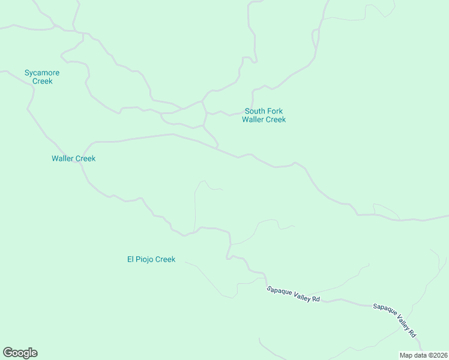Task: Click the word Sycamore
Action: [x=42, y=73]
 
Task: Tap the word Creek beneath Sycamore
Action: [x=42, y=81]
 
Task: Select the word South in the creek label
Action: [x=255, y=111]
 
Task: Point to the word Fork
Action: [x=275, y=111]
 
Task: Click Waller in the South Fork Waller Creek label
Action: [x=253, y=119]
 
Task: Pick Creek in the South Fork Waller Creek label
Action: [x=276, y=119]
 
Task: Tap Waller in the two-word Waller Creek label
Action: [x=63, y=159]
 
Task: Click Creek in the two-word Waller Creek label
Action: [x=85, y=159]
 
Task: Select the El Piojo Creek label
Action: [x=151, y=259]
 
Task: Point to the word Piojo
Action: [x=145, y=259]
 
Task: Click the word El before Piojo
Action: [x=131, y=259]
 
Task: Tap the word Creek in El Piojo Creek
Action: [x=165, y=259]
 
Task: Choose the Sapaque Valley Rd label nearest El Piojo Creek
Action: [x=293, y=294]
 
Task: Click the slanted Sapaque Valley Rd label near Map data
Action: [x=394, y=319]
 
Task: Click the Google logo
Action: [x=20, y=353]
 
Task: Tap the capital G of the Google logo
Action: [x=8, y=352]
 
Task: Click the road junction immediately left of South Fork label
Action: [x=206, y=113]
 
